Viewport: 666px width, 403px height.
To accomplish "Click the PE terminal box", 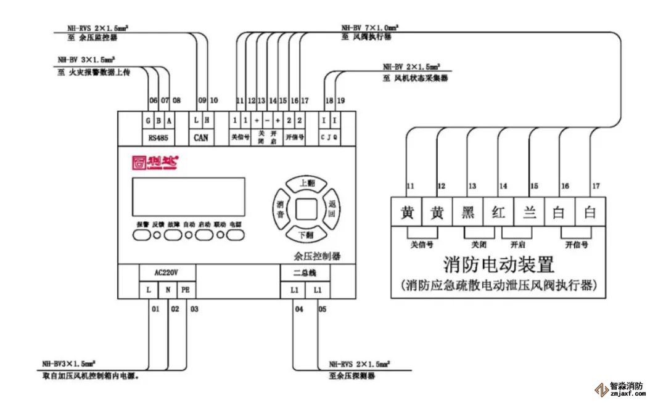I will [186, 290].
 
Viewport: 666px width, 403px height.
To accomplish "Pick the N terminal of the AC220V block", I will [167, 290].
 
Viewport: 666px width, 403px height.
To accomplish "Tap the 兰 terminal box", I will [528, 213].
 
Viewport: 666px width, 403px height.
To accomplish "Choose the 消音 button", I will [280, 210].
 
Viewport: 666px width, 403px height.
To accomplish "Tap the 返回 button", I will [331, 210].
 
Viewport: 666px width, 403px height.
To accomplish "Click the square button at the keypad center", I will [305, 210].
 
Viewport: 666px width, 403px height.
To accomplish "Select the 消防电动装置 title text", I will [498, 266].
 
